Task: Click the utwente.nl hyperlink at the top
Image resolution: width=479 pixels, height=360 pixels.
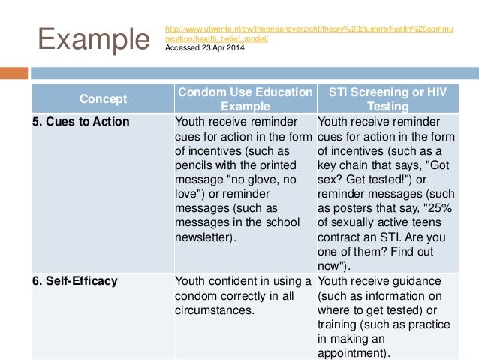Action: pos(308,32)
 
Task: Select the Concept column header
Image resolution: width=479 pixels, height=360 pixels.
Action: pos(104,98)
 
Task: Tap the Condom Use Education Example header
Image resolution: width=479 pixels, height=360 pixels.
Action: pos(245,98)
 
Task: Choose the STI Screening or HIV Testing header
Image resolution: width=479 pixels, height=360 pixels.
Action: pos(387,98)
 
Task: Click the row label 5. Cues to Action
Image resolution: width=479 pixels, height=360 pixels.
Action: pos(81,122)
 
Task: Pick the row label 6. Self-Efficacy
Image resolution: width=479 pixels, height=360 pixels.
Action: pos(75,281)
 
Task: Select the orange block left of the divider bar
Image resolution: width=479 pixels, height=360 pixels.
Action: pos(13,73)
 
